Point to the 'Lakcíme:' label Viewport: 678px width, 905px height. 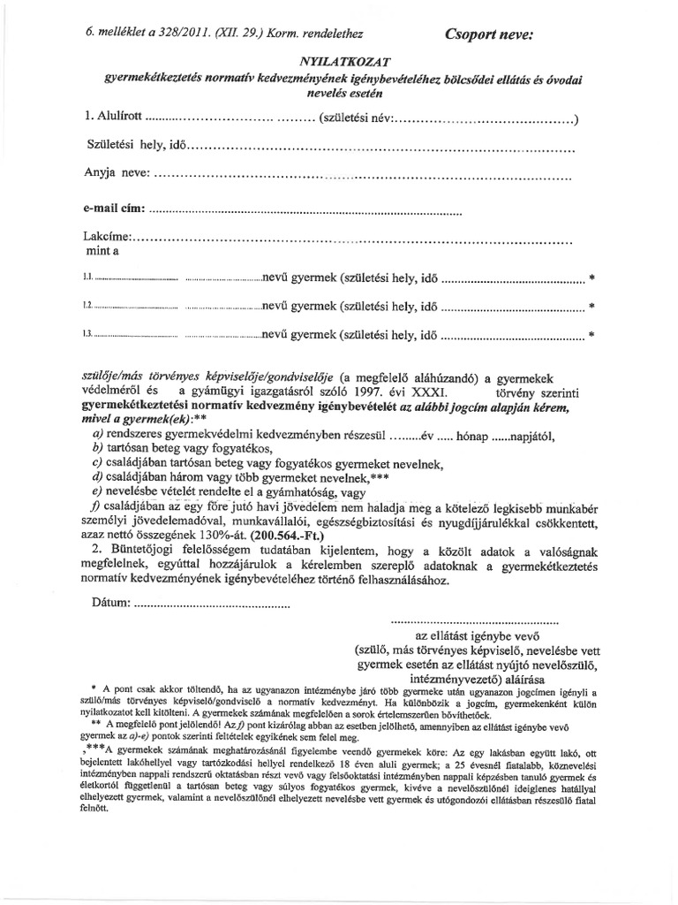(107, 237)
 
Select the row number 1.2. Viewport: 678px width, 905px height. (87, 307)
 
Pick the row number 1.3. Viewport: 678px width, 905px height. (87, 336)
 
